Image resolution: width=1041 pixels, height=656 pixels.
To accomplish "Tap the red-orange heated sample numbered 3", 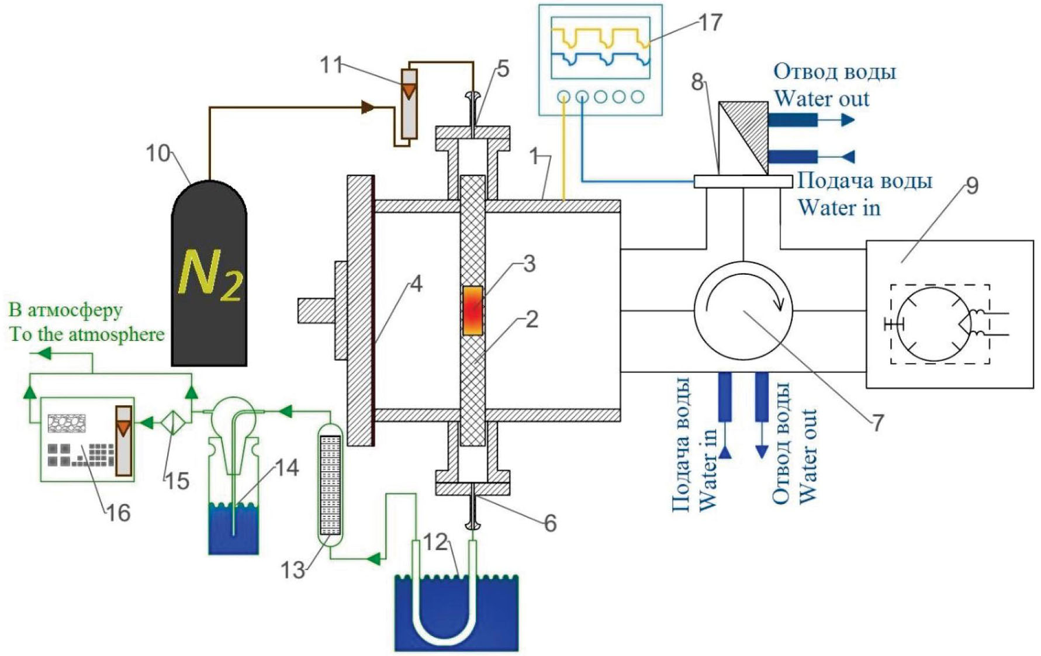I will (473, 310).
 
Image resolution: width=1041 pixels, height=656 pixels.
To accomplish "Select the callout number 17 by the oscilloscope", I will (710, 23).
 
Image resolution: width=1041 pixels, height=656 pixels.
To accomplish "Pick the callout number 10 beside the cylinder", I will (158, 153).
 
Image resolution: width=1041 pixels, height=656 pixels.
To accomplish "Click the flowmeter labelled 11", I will (409, 103).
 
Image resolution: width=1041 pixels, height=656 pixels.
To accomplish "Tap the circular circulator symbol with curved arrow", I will (743, 310).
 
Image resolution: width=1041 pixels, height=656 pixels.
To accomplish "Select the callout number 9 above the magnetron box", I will (972, 185).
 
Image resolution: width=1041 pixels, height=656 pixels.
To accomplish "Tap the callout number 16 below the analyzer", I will (118, 513).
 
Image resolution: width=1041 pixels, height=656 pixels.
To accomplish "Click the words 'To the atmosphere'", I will (87, 334).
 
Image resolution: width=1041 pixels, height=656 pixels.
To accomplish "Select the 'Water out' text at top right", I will (821, 98).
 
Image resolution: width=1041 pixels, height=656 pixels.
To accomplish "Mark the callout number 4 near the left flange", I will (416, 284).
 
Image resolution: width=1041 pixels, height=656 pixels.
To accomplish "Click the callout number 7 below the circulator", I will (877, 422).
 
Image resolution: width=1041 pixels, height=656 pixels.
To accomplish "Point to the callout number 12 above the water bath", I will (435, 543).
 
